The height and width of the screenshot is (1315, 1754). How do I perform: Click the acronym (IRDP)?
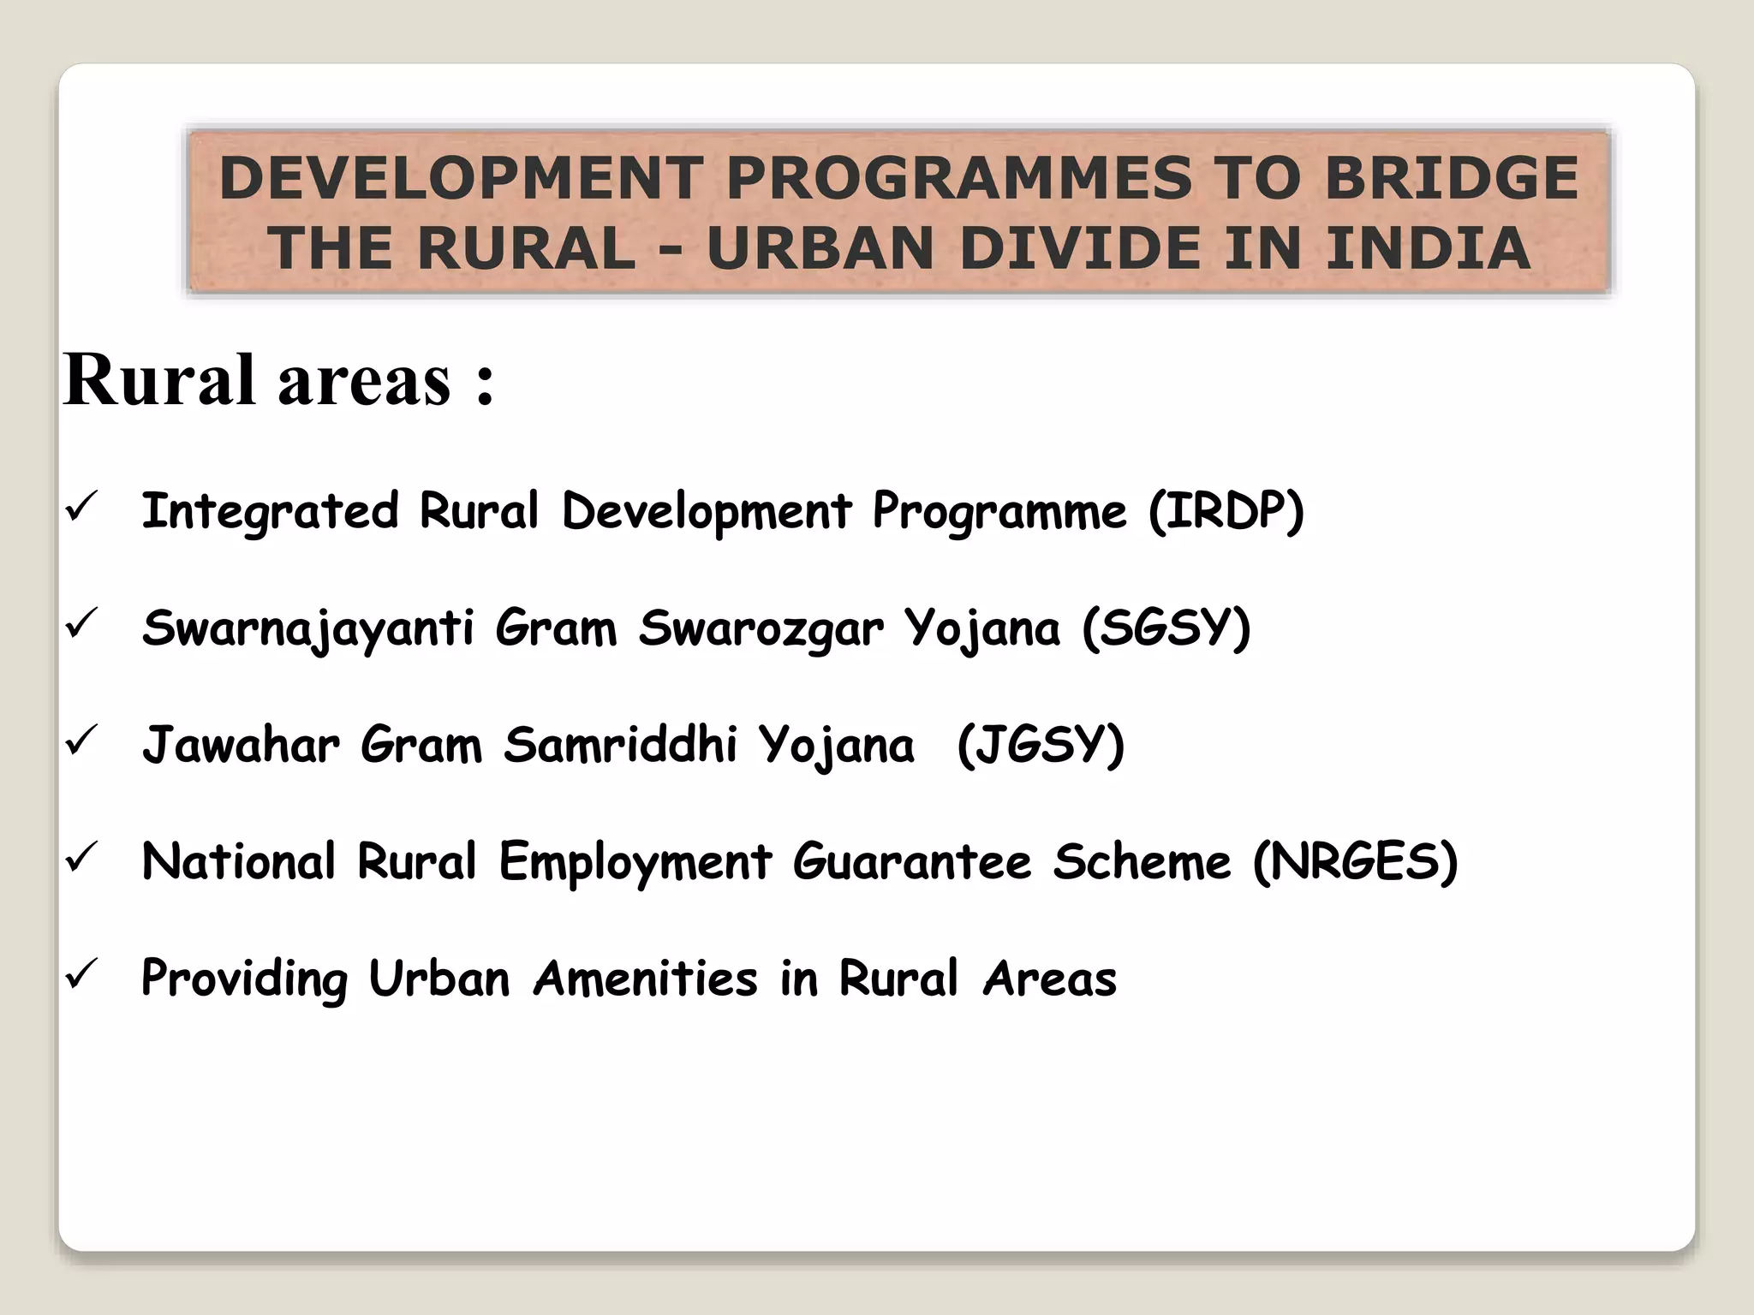[1226, 512]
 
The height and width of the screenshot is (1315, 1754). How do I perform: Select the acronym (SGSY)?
[1166, 628]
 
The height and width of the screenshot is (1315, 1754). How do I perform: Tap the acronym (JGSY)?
[1040, 745]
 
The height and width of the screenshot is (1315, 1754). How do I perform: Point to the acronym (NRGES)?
[1355, 861]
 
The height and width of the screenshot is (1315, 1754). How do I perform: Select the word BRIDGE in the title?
[1451, 178]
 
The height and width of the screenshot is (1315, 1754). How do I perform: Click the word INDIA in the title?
[1428, 248]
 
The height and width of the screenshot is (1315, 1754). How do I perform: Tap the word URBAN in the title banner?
[820, 248]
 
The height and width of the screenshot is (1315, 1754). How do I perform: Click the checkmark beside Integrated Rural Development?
[83, 507]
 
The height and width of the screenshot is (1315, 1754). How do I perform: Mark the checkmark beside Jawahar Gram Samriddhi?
[83, 740]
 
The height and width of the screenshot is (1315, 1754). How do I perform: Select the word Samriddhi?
[620, 745]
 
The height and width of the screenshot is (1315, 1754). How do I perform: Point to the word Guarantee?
[911, 861]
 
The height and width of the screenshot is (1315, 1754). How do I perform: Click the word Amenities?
[646, 978]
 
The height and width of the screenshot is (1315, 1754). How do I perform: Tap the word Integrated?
[270, 512]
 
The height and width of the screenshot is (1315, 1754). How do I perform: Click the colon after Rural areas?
[485, 383]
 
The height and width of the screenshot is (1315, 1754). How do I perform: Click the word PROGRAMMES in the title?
[958, 178]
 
